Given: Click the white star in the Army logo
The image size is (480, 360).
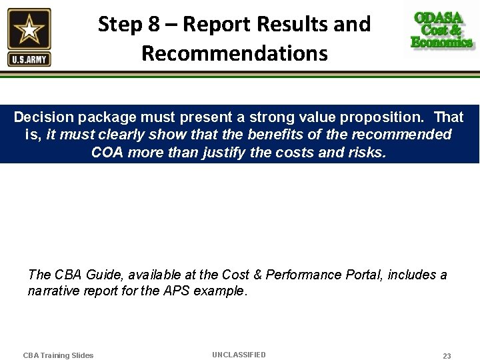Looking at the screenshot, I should pos(29,30).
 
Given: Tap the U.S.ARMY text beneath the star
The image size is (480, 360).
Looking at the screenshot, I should pos(29,60).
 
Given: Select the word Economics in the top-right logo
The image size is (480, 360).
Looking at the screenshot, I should pos(442,43).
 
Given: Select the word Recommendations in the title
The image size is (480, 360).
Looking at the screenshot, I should pos(235,53).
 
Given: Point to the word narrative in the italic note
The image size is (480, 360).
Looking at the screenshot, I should pos(54,291).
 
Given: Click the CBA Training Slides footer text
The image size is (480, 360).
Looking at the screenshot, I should pos(59,355).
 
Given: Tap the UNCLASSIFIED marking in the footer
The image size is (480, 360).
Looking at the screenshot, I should pos(239,355).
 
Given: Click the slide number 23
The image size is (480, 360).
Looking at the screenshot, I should pos(447,356).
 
